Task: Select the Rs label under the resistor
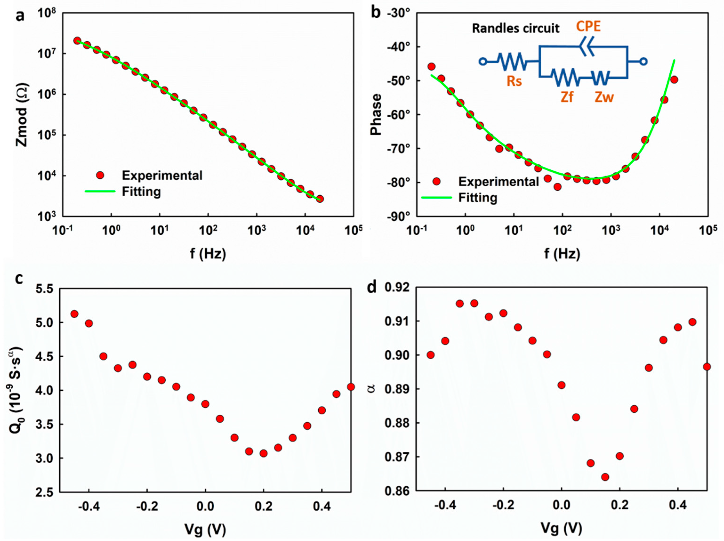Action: point(514,81)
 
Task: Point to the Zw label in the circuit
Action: point(604,97)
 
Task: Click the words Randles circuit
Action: point(516,29)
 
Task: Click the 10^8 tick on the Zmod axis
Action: point(47,14)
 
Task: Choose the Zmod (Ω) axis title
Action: point(22,115)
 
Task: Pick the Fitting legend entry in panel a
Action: point(141,192)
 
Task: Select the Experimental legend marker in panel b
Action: point(436,181)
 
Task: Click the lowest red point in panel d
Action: point(605,477)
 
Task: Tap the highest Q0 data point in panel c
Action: point(74,314)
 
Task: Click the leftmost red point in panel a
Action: point(77,40)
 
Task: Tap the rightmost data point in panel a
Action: point(320,199)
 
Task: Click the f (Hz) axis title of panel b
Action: point(562,254)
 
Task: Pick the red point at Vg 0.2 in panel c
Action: point(264,453)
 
